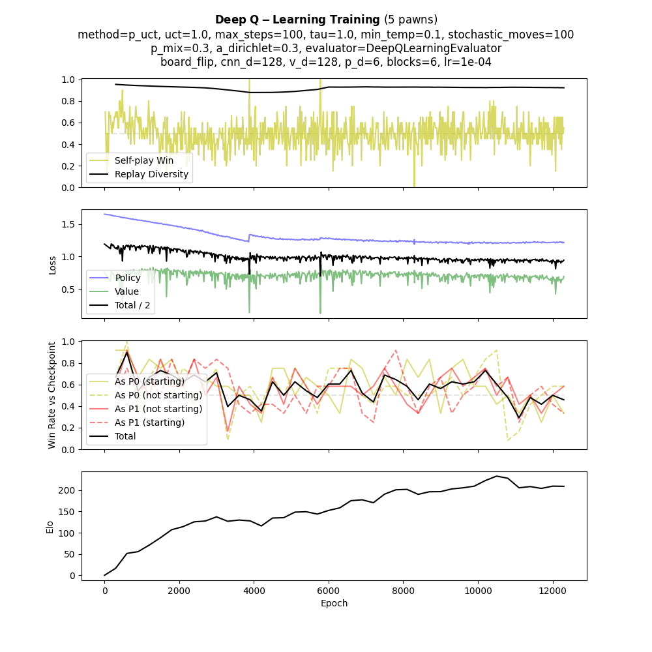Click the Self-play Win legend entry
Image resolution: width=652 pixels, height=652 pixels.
143,160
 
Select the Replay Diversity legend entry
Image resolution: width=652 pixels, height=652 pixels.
151,174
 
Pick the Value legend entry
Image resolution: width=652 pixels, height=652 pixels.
126,291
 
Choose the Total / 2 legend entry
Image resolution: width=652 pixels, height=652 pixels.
133,305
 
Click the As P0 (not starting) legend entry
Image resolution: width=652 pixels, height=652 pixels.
158,395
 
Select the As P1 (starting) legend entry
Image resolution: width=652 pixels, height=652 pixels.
149,422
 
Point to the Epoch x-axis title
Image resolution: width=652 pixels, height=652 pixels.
334,603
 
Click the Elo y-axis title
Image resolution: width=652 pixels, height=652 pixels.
50,526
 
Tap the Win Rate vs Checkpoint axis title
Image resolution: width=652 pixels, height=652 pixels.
52,394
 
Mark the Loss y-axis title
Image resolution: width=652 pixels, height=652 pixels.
52,264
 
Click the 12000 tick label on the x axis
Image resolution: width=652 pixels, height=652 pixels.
553,590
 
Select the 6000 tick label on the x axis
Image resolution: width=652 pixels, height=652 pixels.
329,590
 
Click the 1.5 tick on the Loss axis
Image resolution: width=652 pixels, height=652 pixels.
70,224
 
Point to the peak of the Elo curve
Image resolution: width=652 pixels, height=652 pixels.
497,476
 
